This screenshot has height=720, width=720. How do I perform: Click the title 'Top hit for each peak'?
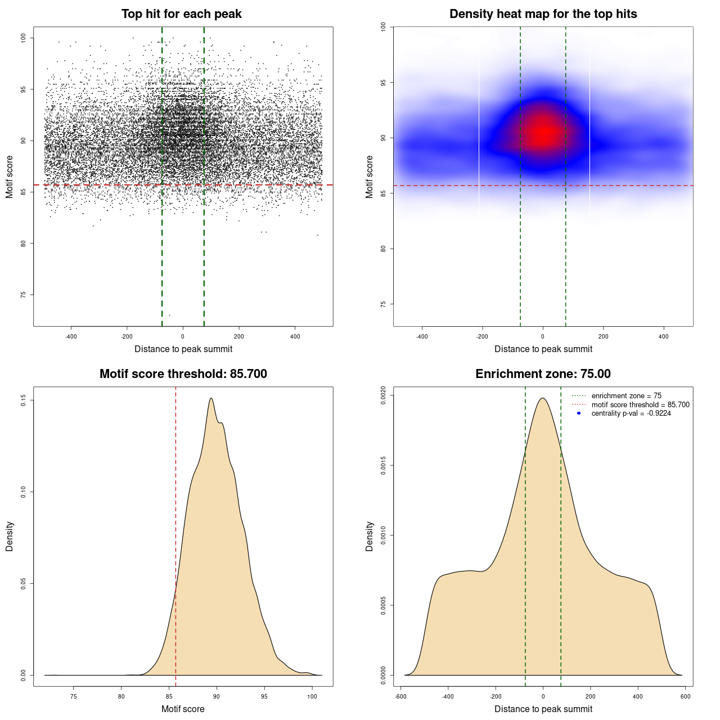(x=182, y=14)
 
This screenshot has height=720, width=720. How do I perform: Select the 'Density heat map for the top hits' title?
(x=543, y=14)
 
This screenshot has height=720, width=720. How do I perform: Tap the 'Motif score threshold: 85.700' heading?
(x=183, y=374)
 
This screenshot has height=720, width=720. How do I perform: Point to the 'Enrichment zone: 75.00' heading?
(x=543, y=374)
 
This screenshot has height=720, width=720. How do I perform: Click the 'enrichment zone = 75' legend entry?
(x=626, y=396)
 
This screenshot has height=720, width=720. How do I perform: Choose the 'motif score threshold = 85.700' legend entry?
(x=640, y=405)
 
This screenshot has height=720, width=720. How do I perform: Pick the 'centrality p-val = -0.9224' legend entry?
(x=631, y=413)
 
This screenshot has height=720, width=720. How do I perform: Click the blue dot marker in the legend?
(x=579, y=413)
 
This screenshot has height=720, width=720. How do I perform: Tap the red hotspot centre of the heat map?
(x=543, y=133)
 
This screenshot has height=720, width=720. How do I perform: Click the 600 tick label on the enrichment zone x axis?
(x=685, y=696)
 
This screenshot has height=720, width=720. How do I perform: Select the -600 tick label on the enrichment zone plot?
(x=400, y=696)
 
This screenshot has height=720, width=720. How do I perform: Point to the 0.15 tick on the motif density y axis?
(x=24, y=400)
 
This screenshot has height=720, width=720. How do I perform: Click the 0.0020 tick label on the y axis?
(x=383, y=395)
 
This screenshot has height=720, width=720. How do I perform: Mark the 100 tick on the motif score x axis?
(x=312, y=696)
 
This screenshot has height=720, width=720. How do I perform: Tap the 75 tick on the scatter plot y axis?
(x=24, y=295)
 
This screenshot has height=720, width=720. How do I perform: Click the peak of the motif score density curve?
(x=211, y=398)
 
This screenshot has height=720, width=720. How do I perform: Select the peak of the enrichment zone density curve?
(x=543, y=398)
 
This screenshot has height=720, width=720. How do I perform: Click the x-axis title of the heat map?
(x=543, y=349)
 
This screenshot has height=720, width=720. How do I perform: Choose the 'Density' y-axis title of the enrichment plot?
(x=370, y=536)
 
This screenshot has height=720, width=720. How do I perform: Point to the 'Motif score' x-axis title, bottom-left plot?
(x=183, y=709)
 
